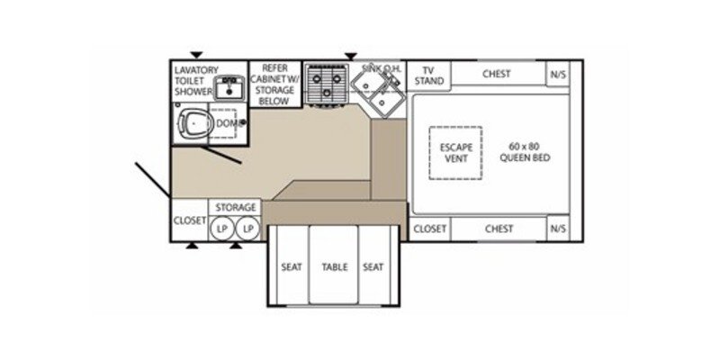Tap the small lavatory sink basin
(229, 87)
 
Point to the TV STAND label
(428, 75)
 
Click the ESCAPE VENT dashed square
(454, 152)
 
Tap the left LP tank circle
(221, 229)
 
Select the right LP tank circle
(247, 229)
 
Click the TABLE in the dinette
(335, 267)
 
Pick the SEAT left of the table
(290, 267)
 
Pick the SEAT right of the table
(373, 267)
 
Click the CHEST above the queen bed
(498, 74)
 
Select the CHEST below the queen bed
(498, 229)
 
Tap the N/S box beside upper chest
(557, 74)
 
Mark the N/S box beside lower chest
(557, 229)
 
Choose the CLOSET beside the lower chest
(429, 229)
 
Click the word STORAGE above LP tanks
(235, 208)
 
